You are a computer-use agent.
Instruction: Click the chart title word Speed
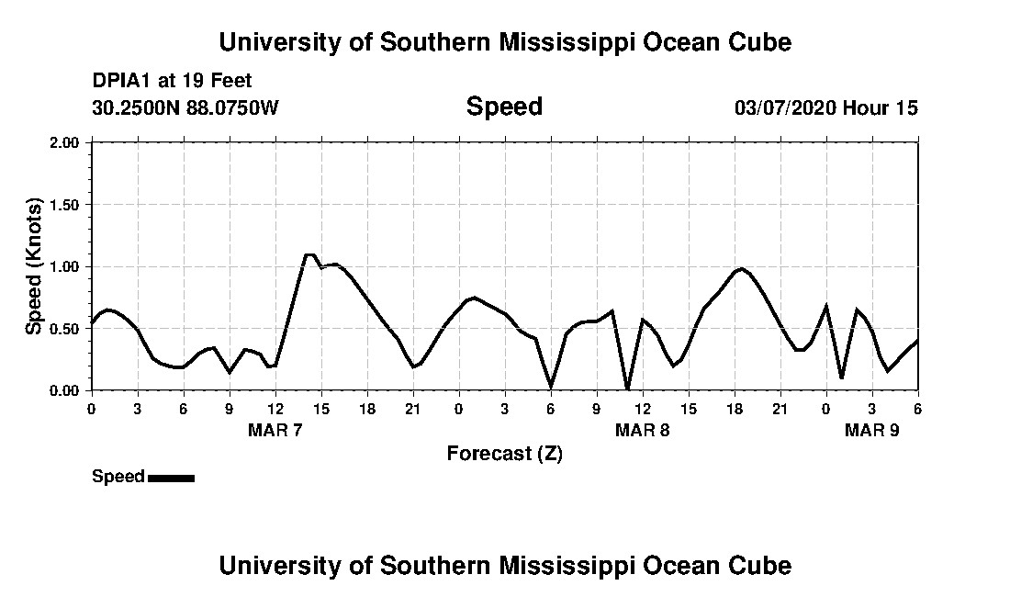(504, 107)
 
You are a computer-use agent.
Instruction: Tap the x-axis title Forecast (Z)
(504, 453)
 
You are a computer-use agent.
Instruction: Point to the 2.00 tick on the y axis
(68, 143)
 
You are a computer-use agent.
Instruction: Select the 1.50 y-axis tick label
(68, 205)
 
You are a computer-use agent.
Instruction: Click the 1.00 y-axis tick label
(68, 267)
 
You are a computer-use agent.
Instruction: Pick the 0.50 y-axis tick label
(68, 329)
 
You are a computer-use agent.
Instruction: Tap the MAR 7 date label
(275, 430)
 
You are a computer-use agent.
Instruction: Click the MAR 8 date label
(642, 430)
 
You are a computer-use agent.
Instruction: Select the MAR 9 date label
(871, 430)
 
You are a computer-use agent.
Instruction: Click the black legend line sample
(171, 478)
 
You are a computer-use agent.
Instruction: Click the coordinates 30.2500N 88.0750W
(185, 107)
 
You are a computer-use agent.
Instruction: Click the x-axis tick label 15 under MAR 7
(321, 408)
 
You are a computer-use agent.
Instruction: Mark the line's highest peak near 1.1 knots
(309, 254)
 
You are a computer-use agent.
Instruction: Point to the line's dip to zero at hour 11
(627, 389)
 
